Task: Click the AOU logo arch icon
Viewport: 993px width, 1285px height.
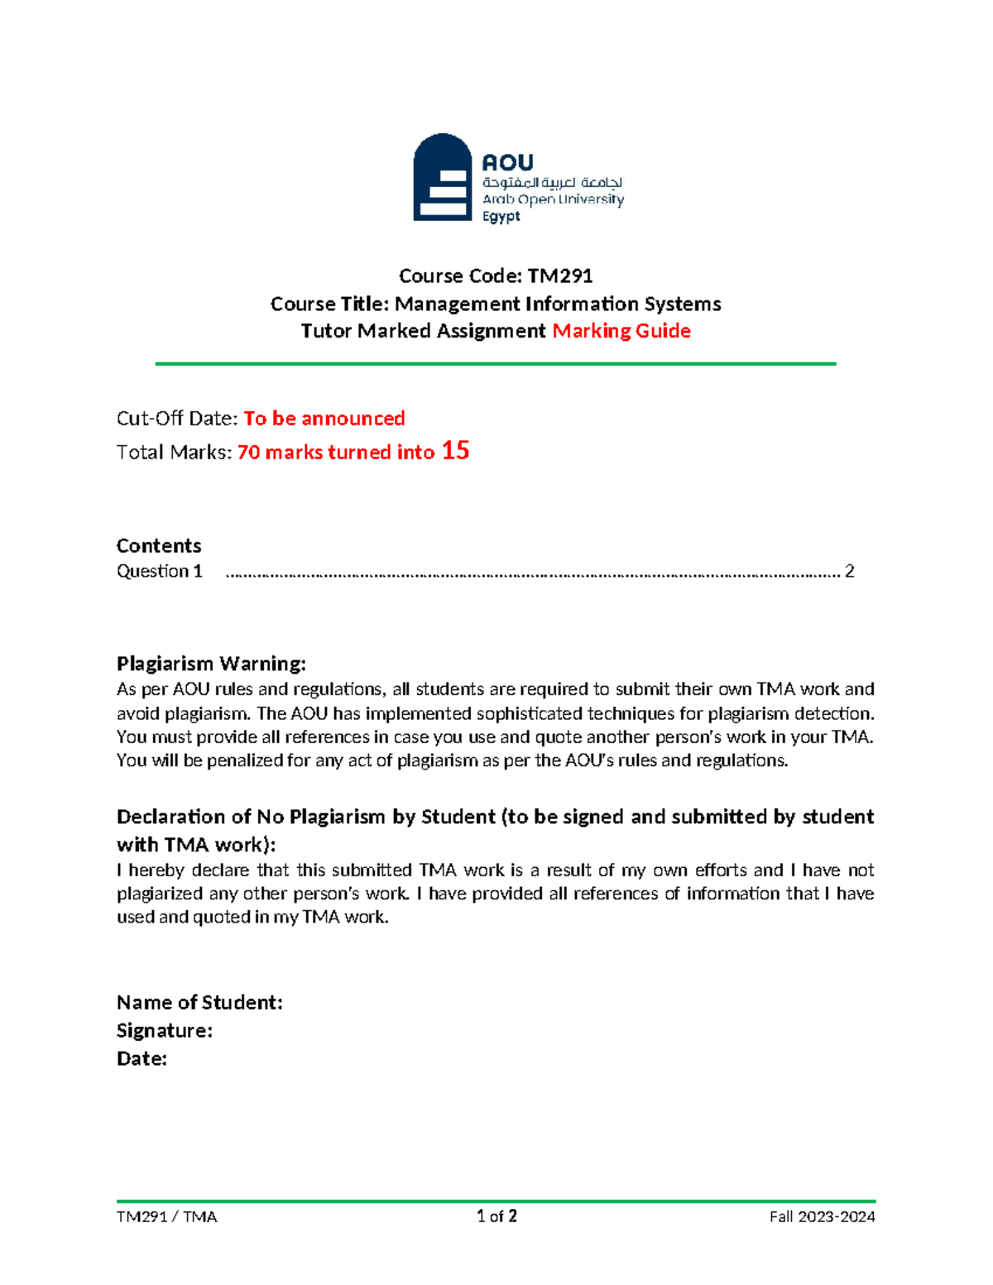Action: tap(442, 178)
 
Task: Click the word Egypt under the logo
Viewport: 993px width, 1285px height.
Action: tap(501, 217)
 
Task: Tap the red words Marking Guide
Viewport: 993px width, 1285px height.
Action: tap(621, 331)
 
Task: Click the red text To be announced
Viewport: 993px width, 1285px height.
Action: tap(324, 419)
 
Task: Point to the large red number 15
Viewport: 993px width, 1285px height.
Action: tap(455, 451)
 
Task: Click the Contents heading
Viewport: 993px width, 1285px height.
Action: tap(159, 546)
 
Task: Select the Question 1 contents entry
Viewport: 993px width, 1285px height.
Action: tap(160, 571)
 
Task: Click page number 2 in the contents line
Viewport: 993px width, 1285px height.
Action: tap(849, 571)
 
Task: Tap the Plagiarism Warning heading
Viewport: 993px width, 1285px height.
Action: tap(211, 664)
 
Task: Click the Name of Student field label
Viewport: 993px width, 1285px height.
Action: tap(199, 1003)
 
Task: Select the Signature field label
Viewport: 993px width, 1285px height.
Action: tap(165, 1031)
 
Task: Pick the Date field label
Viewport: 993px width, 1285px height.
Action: tap(142, 1059)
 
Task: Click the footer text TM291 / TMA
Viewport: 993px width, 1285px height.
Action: tap(166, 1216)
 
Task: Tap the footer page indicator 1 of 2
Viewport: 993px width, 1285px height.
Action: tap(496, 1216)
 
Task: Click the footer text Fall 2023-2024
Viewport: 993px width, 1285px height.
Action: tap(822, 1216)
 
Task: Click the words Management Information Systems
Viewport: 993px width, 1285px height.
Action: tap(558, 304)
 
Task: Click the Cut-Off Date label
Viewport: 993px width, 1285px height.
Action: tap(177, 419)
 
